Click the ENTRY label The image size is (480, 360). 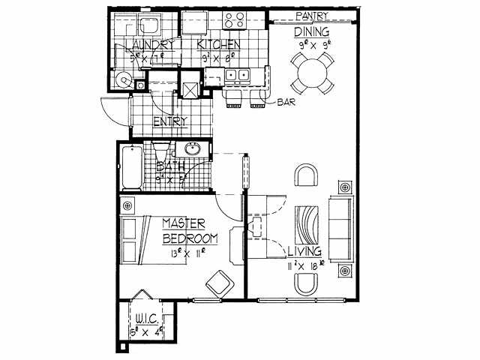coord(170,121)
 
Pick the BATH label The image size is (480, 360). coord(170,166)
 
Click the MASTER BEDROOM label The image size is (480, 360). coord(190,231)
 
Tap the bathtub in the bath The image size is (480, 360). coord(130,169)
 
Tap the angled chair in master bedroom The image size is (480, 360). coord(220,282)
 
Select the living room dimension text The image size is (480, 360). coord(304,264)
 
